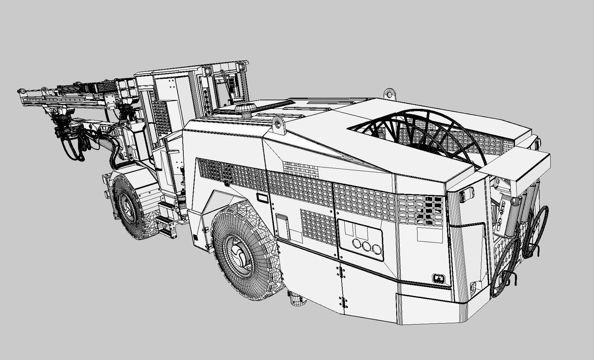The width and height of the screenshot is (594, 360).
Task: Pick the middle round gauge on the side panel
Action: click(x=368, y=247)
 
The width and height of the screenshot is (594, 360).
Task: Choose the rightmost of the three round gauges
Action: click(x=377, y=249)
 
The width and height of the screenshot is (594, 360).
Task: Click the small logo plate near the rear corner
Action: click(x=439, y=279)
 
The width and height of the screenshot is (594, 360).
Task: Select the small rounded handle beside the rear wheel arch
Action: click(x=262, y=198)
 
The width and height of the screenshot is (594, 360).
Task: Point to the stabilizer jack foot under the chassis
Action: click(x=297, y=299)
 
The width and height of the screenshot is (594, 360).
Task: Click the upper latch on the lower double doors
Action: click(x=340, y=272)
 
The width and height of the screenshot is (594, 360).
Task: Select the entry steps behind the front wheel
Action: click(x=167, y=219)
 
